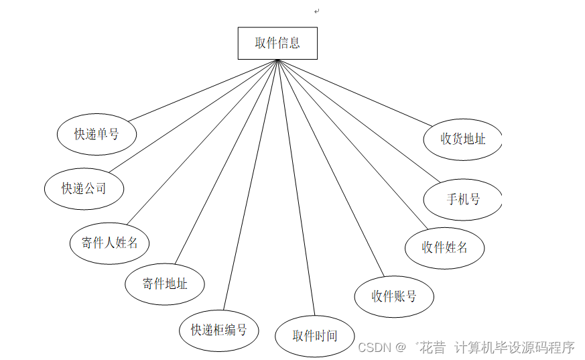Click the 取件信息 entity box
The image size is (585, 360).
(277, 44)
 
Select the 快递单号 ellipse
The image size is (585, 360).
(96, 134)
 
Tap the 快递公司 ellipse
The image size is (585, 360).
(84, 188)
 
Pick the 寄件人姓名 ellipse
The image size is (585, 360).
(109, 243)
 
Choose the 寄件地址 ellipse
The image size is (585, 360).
(164, 284)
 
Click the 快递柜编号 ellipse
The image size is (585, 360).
(219, 330)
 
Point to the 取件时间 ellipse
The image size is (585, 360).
(314, 336)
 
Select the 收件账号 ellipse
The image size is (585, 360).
(394, 296)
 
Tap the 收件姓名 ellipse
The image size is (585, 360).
(444, 247)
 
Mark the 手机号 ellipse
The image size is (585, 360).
(463, 199)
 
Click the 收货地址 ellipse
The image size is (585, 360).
(463, 139)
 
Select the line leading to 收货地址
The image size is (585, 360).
(355, 92)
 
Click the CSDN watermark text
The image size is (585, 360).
(375, 347)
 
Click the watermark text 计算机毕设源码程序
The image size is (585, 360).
(515, 347)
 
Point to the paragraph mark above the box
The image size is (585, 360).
(316, 11)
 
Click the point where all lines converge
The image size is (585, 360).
(277, 60)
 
